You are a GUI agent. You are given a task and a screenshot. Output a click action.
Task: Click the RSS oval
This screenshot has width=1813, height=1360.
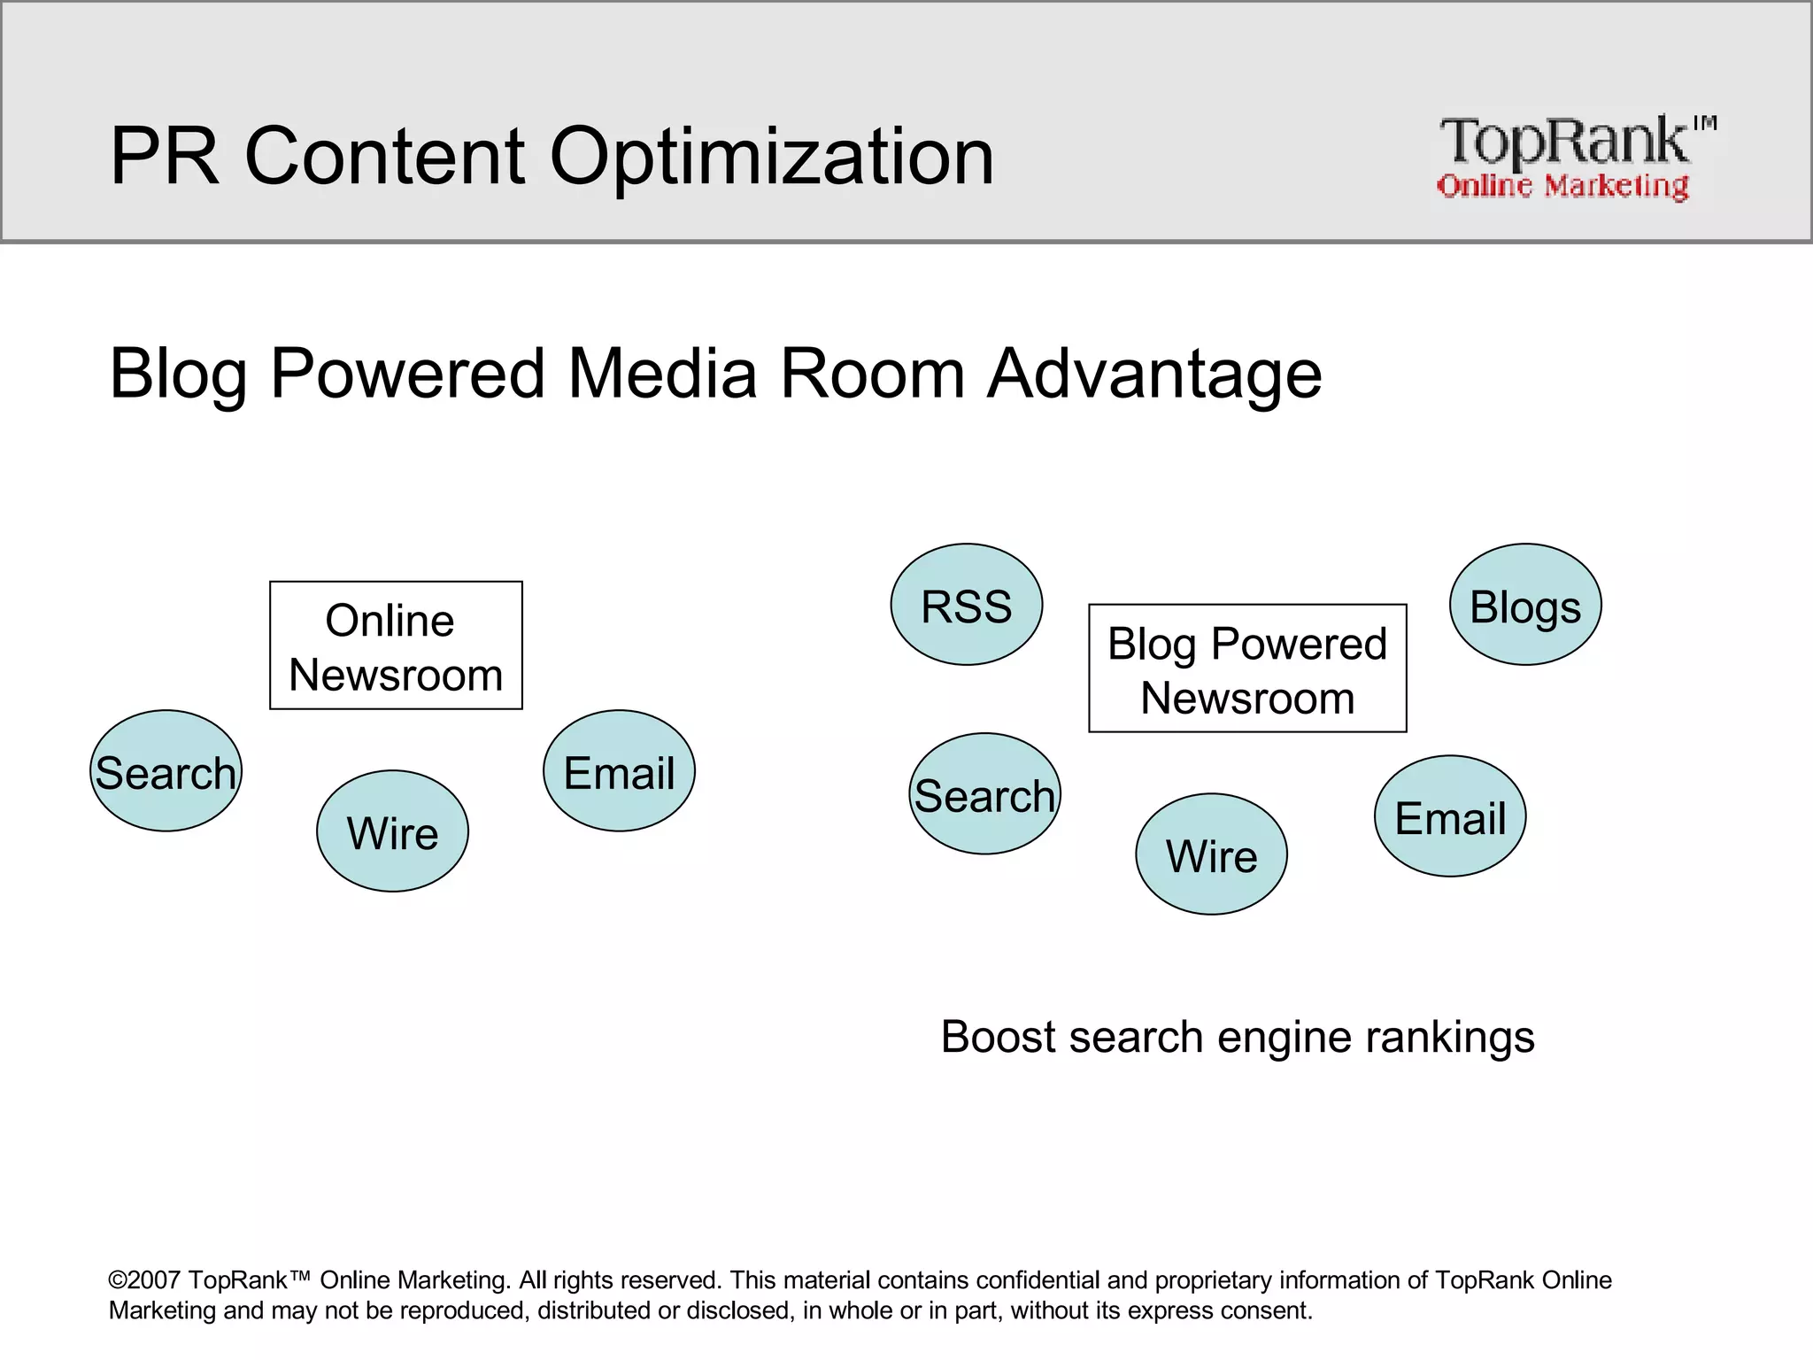tap(966, 605)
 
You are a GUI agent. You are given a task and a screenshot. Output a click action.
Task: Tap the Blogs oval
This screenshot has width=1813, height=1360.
tap(1524, 605)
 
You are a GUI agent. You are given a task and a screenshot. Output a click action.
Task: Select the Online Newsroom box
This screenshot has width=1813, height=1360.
tap(396, 645)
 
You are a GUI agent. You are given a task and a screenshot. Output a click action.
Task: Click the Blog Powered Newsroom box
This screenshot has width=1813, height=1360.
tap(1247, 668)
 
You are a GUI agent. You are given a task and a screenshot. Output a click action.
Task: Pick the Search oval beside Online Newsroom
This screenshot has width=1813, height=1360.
tap(166, 771)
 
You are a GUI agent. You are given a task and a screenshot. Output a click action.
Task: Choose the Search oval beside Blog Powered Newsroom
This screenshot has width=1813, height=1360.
tap(984, 794)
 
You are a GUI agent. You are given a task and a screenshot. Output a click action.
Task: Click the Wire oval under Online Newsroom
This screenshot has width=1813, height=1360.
tap(392, 831)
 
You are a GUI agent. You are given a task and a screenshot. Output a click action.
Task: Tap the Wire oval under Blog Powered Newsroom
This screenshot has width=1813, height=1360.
tap(1211, 854)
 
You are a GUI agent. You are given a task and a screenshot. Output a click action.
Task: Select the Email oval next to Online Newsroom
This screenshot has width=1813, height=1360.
tap(619, 771)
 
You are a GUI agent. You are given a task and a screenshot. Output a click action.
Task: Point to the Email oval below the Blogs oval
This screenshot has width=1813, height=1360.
tap(1450, 816)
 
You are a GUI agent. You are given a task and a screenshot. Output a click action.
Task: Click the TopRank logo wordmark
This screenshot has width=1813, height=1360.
tap(1564, 142)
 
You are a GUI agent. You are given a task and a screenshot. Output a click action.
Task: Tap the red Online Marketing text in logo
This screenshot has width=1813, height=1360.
tap(1562, 186)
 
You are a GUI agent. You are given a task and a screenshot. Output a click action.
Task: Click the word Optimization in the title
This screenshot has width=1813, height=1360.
tap(771, 157)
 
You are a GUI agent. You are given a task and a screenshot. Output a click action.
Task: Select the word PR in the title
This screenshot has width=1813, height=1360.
tap(164, 157)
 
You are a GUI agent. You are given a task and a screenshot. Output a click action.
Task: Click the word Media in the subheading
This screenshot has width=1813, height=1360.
tap(662, 373)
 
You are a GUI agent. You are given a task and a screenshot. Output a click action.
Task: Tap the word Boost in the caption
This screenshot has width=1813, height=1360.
tap(998, 1037)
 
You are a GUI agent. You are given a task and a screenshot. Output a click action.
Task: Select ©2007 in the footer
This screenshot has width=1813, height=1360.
tap(144, 1280)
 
